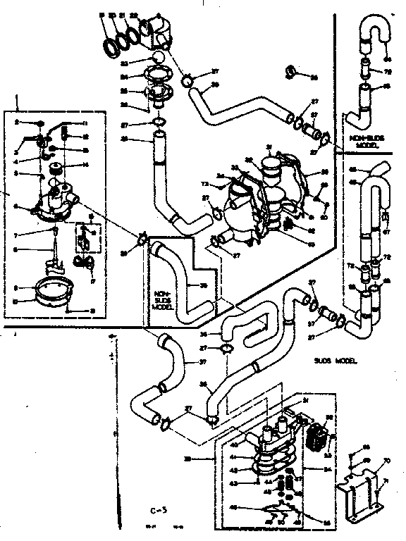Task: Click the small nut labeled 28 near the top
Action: [x=290, y=71]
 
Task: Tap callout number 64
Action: [x=388, y=60]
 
